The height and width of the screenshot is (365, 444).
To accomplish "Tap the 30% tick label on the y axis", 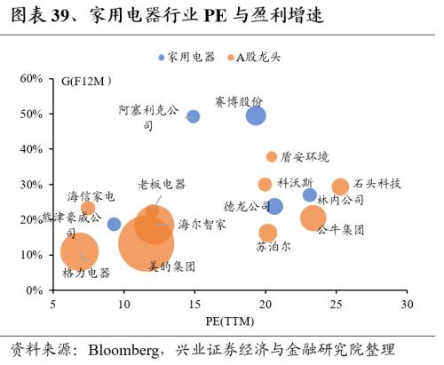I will tap(31, 185).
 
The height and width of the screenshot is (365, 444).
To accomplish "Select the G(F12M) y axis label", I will tap(85, 82).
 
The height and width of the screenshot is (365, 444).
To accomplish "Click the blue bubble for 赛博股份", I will tap(256, 115).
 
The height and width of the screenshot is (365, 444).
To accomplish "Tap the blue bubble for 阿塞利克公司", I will tap(193, 116).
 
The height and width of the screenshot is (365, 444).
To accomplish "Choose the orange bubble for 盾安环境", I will tap(272, 157).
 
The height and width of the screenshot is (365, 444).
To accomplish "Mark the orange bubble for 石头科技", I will tap(340, 186).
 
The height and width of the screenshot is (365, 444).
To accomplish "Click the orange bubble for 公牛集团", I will tap(313, 218).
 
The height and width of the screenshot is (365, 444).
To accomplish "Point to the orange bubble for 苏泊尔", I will tap(268, 233).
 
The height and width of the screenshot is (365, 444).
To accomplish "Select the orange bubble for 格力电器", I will tap(79, 251).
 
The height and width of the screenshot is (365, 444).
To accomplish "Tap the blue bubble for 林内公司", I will tap(309, 195).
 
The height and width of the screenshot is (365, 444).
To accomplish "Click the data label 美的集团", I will tap(171, 266).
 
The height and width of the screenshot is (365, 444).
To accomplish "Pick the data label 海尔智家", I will tap(202, 225).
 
